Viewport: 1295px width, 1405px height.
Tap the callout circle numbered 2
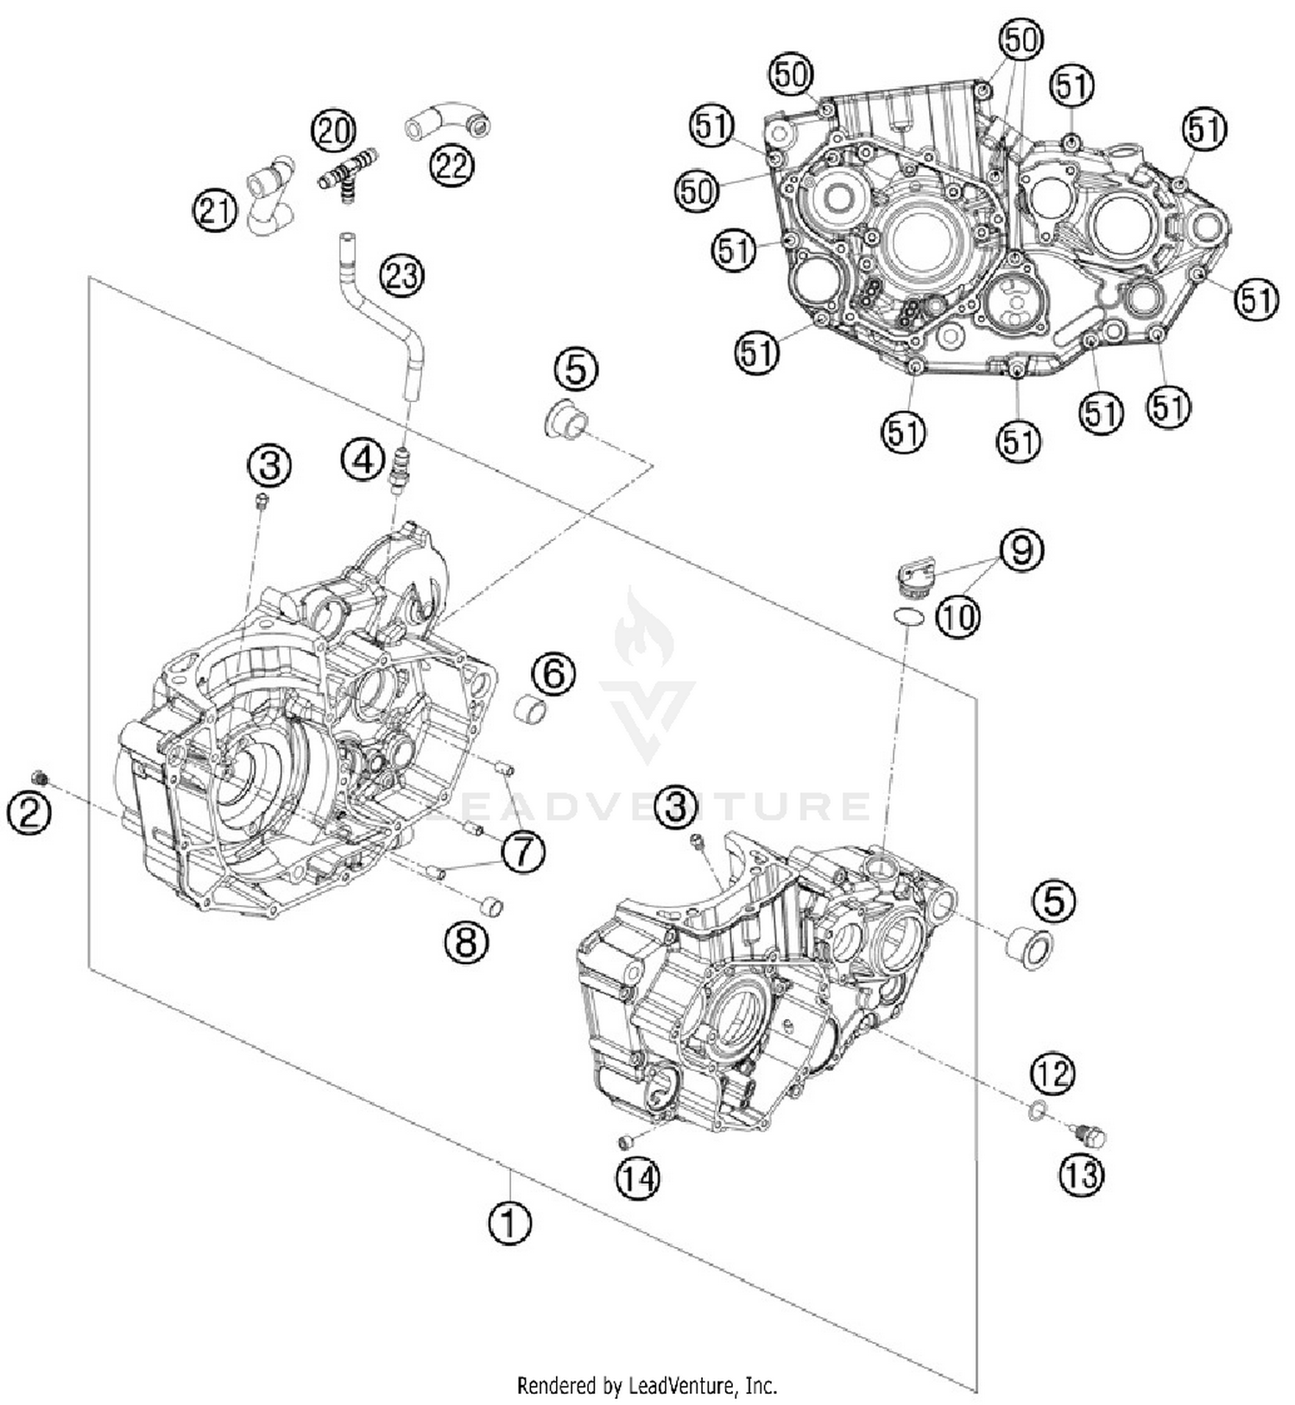click(x=29, y=813)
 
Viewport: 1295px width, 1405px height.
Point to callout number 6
click(x=553, y=672)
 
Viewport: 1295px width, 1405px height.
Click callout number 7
click(x=523, y=852)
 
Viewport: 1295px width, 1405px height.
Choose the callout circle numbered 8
click(x=466, y=942)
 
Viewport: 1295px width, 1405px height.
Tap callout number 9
click(x=1021, y=550)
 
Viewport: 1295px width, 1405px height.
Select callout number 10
click(x=958, y=616)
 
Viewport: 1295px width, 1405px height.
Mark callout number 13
click(x=1080, y=1175)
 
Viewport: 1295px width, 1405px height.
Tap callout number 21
click(x=214, y=211)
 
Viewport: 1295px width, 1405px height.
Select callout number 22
click(x=451, y=164)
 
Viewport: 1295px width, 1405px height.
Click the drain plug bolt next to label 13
click(x=1090, y=1136)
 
